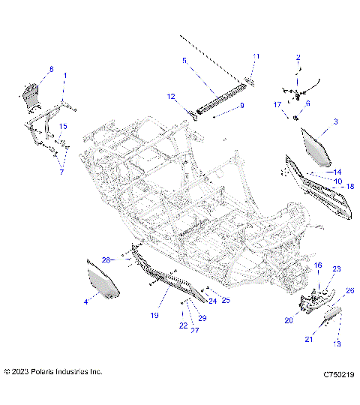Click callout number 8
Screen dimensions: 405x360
point(51,69)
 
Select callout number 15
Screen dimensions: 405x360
point(64,126)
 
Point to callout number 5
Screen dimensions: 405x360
point(183,59)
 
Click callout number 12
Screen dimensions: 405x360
point(170,96)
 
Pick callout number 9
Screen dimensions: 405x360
point(242,106)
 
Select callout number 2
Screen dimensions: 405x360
point(298,57)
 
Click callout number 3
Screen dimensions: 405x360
point(335,121)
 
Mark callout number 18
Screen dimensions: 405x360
point(349,186)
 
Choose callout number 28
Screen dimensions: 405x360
point(106,259)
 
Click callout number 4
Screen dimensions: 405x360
point(85,301)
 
